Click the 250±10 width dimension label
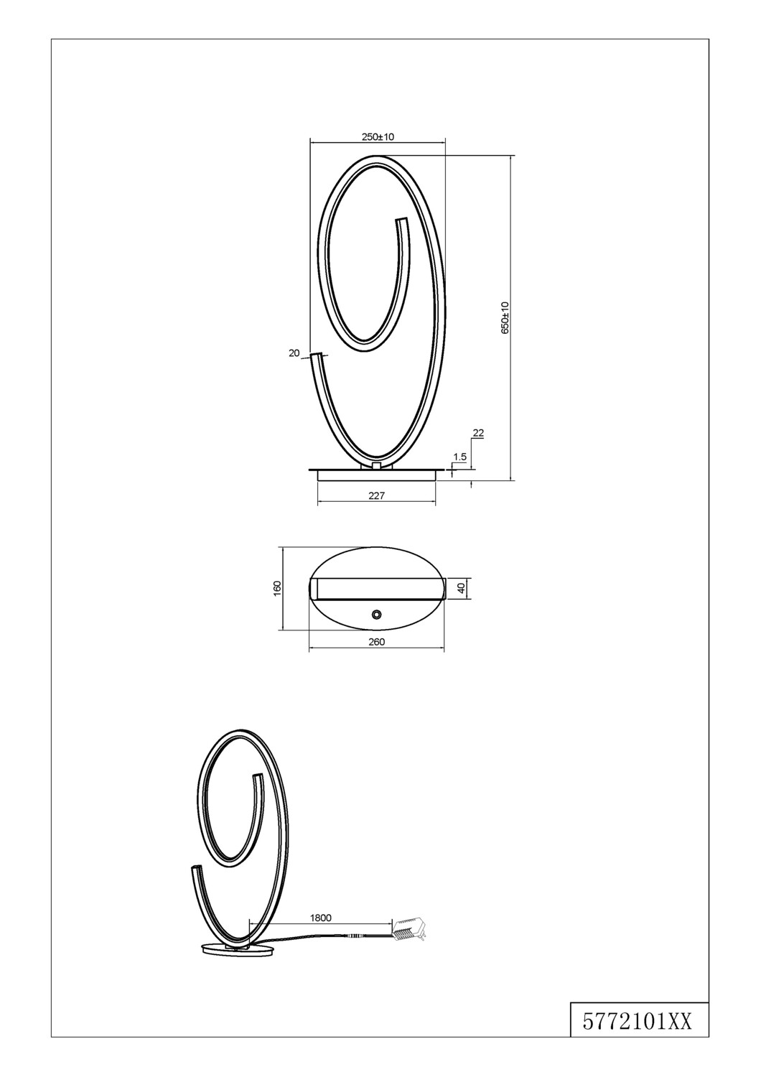378,136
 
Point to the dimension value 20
294,353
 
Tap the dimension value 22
478,433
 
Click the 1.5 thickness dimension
460,457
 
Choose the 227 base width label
376,495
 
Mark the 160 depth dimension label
277,587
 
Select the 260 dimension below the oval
376,641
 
